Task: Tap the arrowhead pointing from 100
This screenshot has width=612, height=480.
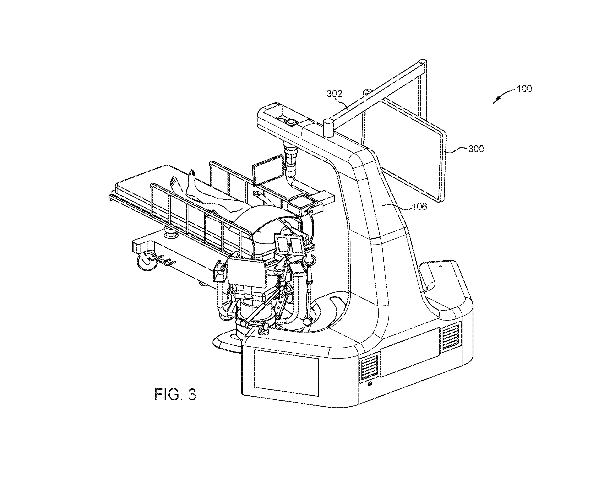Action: pyautogui.click(x=496, y=100)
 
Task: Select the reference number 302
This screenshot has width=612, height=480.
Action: pyautogui.click(x=334, y=94)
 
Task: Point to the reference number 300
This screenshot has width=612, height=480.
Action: pyautogui.click(x=476, y=149)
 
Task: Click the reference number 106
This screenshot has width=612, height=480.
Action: pyautogui.click(x=420, y=207)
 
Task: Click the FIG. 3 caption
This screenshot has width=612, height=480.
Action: pyautogui.click(x=175, y=394)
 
